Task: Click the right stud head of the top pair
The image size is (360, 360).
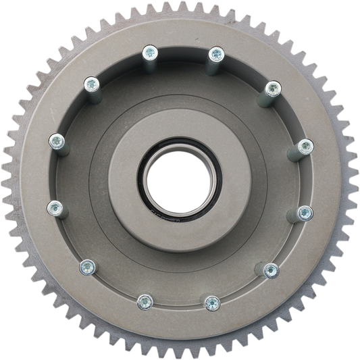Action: pyautogui.click(x=215, y=53)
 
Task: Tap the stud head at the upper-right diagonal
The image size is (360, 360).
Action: pyautogui.click(x=272, y=88)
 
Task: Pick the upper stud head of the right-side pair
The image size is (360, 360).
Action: pyautogui.click(x=305, y=146)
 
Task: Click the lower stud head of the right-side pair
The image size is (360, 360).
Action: pyautogui.click(x=303, y=213)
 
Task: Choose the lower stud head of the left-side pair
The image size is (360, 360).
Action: pyautogui.click(x=55, y=206)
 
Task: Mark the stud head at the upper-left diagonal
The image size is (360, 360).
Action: pyautogui.click(x=89, y=83)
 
